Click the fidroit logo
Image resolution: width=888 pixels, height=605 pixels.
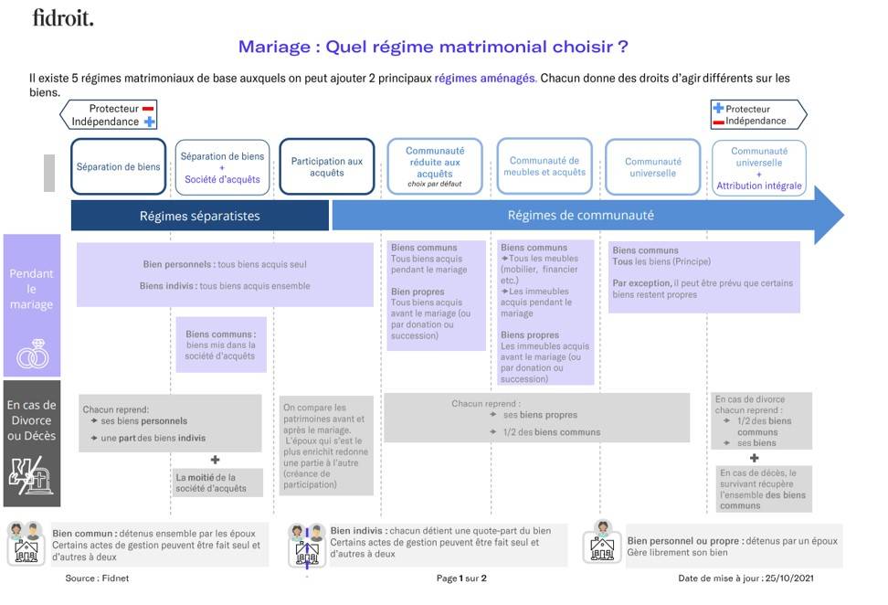pos(62,17)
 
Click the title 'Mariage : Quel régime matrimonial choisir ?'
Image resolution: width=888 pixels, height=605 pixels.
pos(433,47)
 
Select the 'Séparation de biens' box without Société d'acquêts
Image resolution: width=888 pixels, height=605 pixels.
pos(119,166)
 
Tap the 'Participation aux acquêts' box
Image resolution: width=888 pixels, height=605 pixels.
pos(327,166)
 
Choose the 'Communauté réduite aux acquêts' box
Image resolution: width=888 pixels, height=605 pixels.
pos(435,163)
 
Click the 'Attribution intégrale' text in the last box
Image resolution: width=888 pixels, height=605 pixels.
pos(759,186)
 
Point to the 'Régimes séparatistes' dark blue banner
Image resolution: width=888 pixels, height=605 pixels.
pos(200,217)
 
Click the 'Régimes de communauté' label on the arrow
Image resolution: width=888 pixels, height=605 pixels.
pos(581,217)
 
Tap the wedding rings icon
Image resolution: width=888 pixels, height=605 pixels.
pos(32,354)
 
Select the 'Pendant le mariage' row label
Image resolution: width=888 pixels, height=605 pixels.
pos(32,288)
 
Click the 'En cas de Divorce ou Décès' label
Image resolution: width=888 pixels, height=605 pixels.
pos(32,419)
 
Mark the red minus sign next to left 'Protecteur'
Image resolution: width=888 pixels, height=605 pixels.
pos(148,108)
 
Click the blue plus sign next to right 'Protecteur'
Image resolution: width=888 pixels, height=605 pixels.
pos(718,108)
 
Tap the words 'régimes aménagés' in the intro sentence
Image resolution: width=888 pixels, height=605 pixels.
pos(485,79)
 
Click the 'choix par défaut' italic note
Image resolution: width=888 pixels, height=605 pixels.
pos(435,184)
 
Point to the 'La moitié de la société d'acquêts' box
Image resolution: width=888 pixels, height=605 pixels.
pos(219,483)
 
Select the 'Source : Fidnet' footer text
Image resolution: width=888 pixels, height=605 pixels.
pos(94,578)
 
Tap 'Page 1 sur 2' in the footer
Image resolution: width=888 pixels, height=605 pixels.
pos(461,578)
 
